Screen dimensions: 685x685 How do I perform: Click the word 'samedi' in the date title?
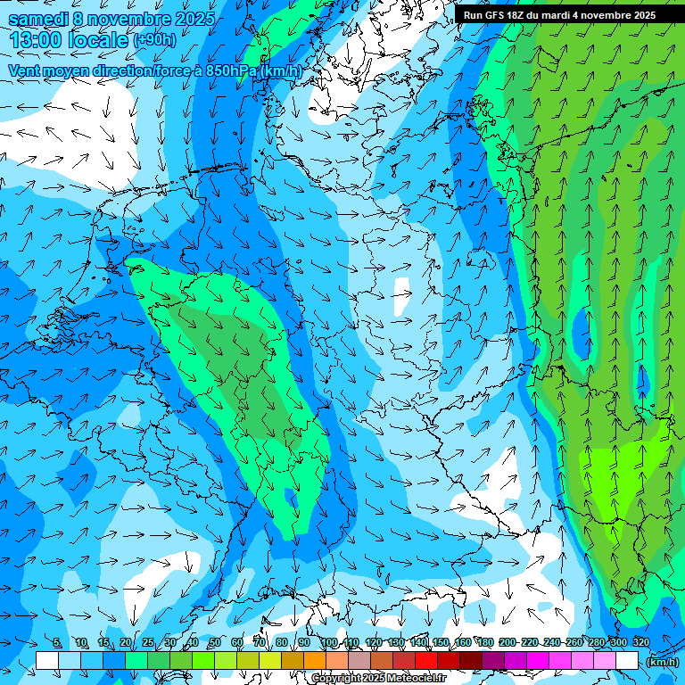[38, 19]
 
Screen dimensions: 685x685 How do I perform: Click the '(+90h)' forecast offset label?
[154, 41]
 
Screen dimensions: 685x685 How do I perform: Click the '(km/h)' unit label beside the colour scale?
[661, 662]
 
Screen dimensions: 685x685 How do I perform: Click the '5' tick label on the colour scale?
[57, 642]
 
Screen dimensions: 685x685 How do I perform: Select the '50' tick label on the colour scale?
[214, 642]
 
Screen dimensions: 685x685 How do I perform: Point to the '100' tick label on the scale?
[328, 642]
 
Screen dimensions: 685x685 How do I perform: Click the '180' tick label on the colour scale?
[484, 642]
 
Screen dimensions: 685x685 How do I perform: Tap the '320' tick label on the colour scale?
[640, 642]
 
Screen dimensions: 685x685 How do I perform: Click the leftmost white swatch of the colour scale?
[47, 661]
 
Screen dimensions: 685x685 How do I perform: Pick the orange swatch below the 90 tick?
[315, 661]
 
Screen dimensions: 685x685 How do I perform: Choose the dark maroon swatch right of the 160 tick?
[471, 661]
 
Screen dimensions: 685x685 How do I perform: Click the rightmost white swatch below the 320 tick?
[627, 661]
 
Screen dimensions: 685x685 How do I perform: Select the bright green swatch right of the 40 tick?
[203, 661]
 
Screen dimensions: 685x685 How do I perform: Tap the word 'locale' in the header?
[97, 40]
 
